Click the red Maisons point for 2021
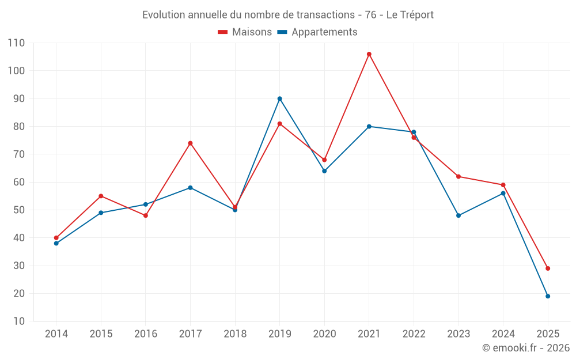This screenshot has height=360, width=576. (369, 54)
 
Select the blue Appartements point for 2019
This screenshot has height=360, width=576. (280, 98)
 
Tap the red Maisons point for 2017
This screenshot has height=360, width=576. (190, 143)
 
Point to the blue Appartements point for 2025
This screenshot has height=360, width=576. (548, 296)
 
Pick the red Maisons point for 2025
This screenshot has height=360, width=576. (548, 268)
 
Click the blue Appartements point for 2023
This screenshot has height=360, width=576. (458, 215)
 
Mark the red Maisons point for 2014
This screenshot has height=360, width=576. (56, 238)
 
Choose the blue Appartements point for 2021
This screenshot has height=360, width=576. (369, 126)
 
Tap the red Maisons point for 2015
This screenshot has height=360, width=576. (101, 196)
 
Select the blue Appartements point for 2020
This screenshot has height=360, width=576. (324, 171)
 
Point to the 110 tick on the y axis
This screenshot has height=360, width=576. (17, 43)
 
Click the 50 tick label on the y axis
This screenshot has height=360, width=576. (20, 210)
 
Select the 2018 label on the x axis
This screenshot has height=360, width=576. (235, 334)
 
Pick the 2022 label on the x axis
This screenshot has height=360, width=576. (414, 334)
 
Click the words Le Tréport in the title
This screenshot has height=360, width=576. (410, 14)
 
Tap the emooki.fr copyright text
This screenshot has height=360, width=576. (525, 348)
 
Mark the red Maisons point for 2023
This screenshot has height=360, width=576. (458, 176)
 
